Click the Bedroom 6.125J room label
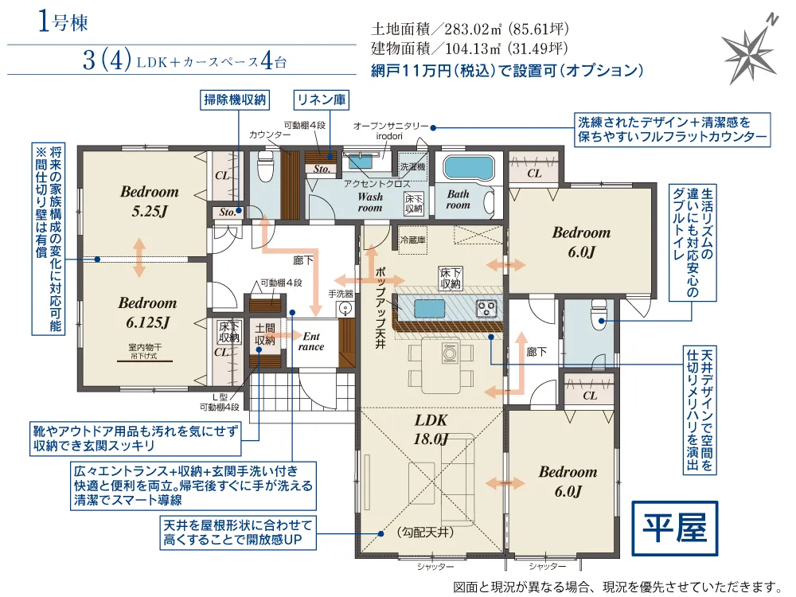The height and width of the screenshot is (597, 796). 147,312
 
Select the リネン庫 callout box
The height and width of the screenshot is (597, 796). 322,99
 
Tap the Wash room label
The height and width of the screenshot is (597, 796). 370,202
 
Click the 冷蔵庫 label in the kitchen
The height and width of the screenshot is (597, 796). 413,238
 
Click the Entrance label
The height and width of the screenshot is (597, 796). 310,341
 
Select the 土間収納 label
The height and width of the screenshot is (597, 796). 265,334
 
